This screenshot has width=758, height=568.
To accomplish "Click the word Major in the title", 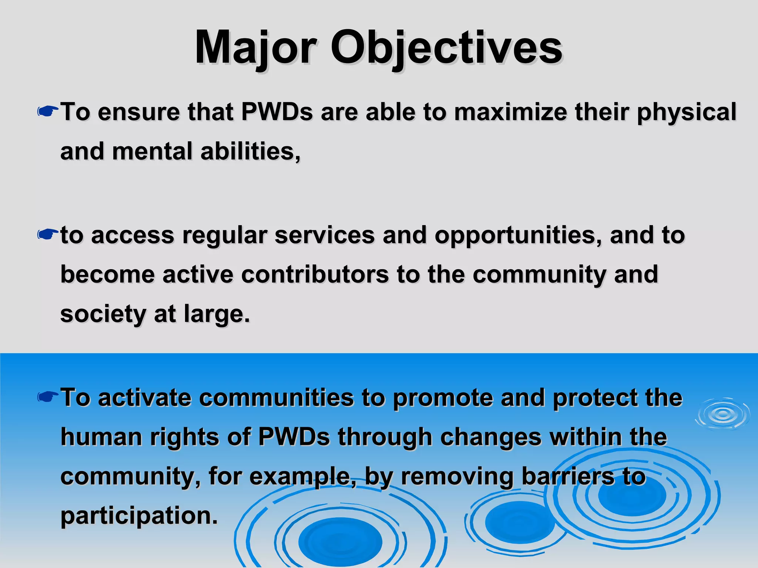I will tap(255, 48).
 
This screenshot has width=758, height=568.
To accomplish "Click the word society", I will tap(103, 314).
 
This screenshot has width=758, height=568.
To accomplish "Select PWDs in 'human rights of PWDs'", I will tap(294, 437).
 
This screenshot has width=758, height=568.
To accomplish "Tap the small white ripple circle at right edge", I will tap(722, 414).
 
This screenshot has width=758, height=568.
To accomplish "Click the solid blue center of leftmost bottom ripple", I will tap(340, 542).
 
